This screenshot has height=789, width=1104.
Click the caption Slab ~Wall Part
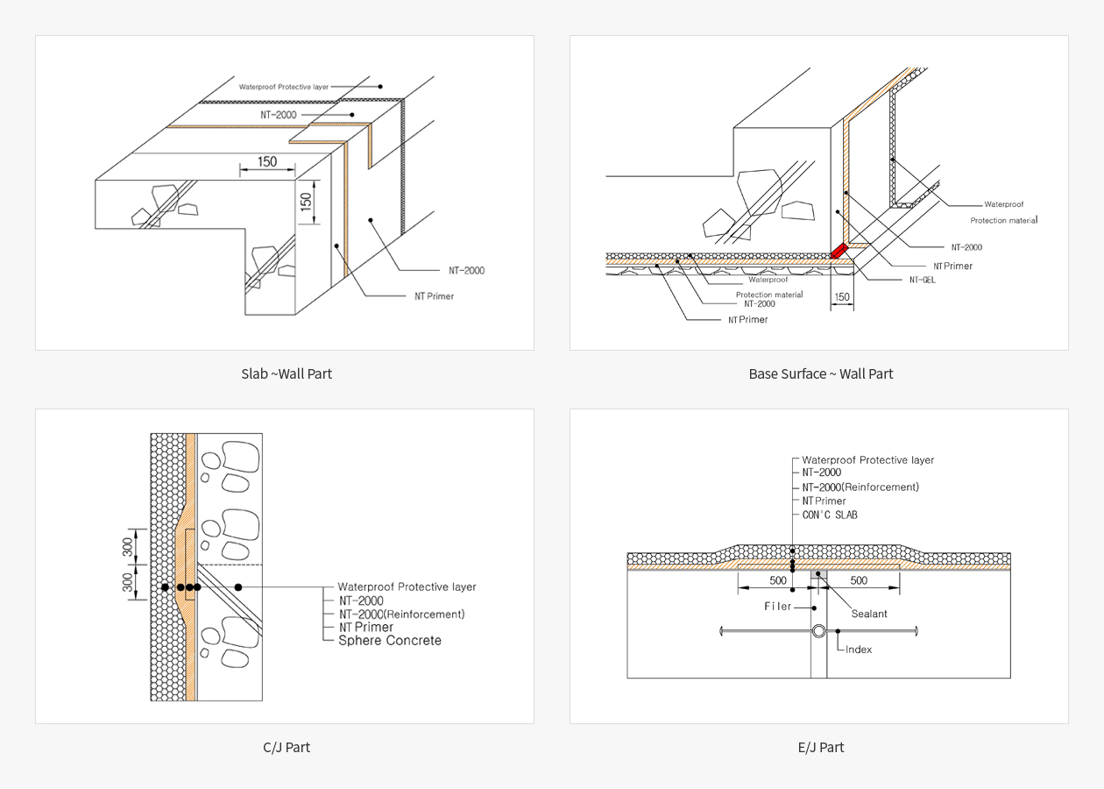click(287, 373)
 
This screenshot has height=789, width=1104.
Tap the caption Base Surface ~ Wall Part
click(820, 373)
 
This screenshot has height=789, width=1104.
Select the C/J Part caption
click(287, 747)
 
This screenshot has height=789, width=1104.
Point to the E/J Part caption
click(820, 747)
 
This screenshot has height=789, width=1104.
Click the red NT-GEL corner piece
click(839, 251)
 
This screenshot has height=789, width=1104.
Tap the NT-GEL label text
click(922, 281)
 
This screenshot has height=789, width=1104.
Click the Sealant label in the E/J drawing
click(869, 614)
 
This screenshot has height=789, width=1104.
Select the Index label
click(859, 650)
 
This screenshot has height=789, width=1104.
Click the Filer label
click(777, 607)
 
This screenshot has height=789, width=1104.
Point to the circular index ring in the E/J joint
click(818, 631)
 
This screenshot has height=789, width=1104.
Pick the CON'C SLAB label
click(830, 515)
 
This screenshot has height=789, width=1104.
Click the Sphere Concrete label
click(390, 641)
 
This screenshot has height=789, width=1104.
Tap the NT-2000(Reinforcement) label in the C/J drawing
click(401, 614)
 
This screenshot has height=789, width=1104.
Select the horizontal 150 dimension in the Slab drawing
click(267, 161)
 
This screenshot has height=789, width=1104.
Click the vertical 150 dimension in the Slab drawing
click(306, 201)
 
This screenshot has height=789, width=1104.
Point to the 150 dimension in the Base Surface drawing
click(842, 297)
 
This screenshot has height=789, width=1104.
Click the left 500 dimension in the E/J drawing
click(777, 580)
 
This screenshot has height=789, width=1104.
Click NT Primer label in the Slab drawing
click(435, 296)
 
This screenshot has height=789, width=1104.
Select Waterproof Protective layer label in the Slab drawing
click(284, 87)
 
